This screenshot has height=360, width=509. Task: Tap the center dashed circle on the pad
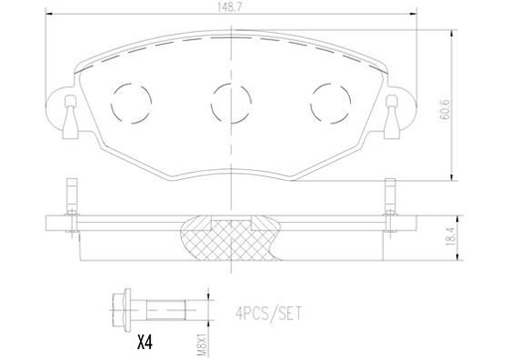click(x=230, y=99)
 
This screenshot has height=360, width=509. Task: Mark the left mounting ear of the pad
click(x=65, y=109)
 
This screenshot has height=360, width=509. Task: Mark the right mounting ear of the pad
click(x=395, y=109)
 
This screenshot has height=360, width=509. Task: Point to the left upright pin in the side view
click(x=67, y=197)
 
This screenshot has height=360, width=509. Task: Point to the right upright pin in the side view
click(x=388, y=197)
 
